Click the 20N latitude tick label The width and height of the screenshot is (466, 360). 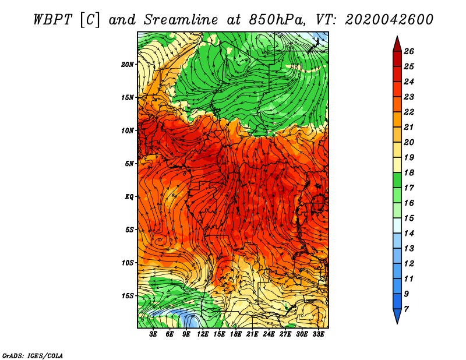(x=128, y=64)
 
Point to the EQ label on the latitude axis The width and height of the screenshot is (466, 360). (x=129, y=196)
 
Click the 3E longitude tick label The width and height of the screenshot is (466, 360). (x=153, y=334)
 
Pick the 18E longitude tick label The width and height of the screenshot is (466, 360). (x=236, y=334)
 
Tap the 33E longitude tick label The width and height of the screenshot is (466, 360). (x=318, y=334)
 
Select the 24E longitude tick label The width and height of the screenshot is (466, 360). (x=269, y=334)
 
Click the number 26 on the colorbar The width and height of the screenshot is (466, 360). (x=409, y=51)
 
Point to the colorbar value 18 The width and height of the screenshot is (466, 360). (x=409, y=172)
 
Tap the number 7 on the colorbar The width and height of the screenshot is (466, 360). (x=407, y=309)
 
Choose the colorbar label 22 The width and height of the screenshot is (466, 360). (x=409, y=112)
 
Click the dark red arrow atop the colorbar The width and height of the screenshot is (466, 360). (x=397, y=44)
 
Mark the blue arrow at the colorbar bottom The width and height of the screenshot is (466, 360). (x=397, y=316)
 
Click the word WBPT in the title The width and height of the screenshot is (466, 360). (x=52, y=20)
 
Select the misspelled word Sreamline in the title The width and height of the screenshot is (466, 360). (x=181, y=20)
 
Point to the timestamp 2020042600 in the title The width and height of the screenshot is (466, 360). (x=389, y=20)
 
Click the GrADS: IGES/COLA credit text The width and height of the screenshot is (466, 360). (x=33, y=355)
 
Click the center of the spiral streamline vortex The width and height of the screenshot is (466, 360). (x=159, y=240)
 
